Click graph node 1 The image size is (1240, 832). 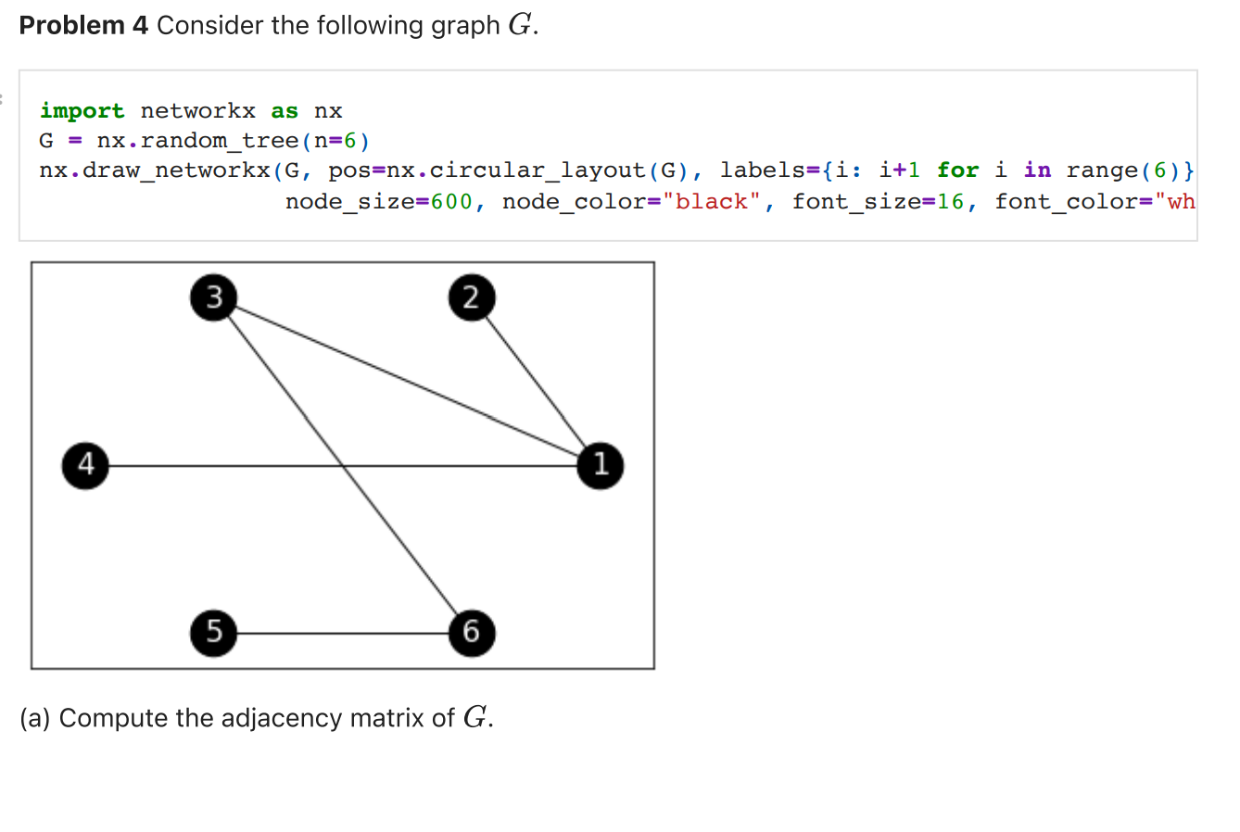coord(601,465)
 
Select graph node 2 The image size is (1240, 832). coord(472,297)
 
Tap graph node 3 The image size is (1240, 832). coord(214,297)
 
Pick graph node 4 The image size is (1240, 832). coord(85,465)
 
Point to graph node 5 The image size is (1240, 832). coord(214,633)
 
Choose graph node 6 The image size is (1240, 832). coord(472,633)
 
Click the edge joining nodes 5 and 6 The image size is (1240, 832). coord(343,634)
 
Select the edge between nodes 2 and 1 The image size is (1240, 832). coord(536,381)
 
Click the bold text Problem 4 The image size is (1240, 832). coord(83,25)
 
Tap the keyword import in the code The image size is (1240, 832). coord(82,111)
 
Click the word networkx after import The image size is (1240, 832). coord(197,111)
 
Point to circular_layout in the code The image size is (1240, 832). coord(538,170)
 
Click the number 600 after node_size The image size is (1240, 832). coord(451,201)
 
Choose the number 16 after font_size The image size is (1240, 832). coord(950,201)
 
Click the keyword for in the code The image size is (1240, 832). coord(957,170)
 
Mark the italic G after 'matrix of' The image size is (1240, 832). coord(474,718)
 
